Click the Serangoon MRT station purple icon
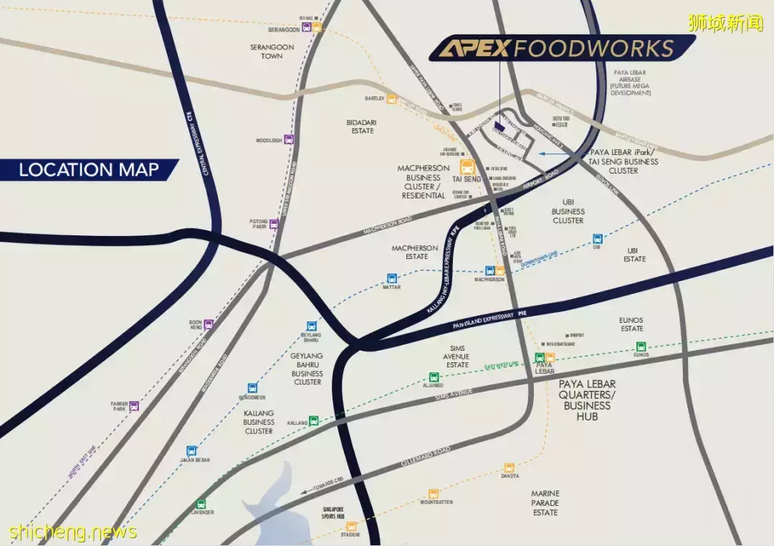tap(307, 28)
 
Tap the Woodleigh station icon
tap(289, 139)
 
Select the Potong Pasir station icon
tap(274, 223)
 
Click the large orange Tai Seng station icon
tap(467, 167)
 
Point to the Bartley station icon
tap(391, 99)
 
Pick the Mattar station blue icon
tap(391, 278)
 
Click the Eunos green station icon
tap(641, 346)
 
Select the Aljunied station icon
tap(434, 377)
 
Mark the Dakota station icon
tap(510, 468)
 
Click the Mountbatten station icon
tap(433, 494)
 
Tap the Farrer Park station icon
tap(134, 406)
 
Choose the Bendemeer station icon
tap(252, 388)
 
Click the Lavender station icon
tap(201, 504)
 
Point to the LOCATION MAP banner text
tap(88, 170)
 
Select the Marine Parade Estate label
tap(545, 503)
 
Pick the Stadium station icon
tap(351, 526)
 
